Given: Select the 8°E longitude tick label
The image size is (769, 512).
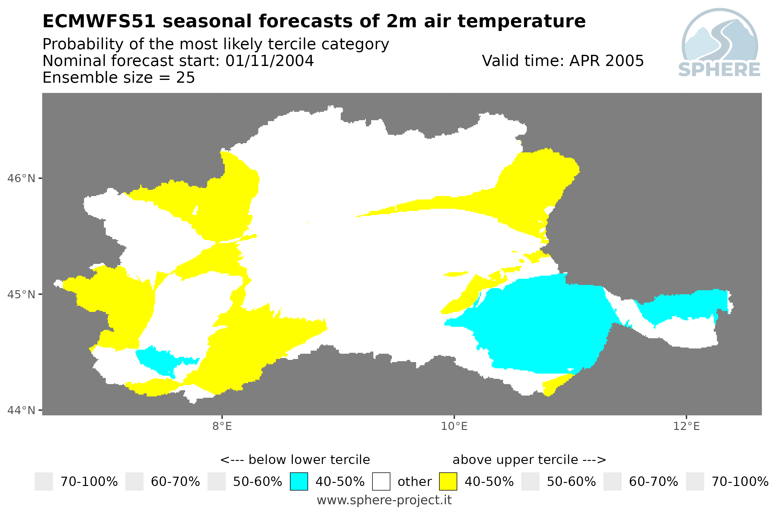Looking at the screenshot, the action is tap(222, 427).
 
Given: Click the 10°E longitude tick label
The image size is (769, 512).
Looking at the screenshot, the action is tap(454, 427).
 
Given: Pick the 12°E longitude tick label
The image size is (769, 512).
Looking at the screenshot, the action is tap(686, 427).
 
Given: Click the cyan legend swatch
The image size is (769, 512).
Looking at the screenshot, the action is tap(299, 482).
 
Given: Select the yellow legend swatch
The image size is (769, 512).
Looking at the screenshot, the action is tap(448, 482).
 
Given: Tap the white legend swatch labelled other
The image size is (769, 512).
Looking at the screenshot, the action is tap(381, 482).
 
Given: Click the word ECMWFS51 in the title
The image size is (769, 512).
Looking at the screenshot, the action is tap(99, 22).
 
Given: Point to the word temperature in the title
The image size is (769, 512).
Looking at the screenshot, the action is tap(521, 22).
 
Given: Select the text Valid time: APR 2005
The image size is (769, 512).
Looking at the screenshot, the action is tap(563, 61).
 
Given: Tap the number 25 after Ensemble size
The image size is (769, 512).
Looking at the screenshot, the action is tap(186, 78).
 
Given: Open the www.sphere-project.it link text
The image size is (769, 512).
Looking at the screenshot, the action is tap(384, 500).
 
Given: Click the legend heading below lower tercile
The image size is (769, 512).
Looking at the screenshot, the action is tap(295, 460).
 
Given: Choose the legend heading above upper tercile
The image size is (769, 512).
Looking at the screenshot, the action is tap(529, 460).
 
